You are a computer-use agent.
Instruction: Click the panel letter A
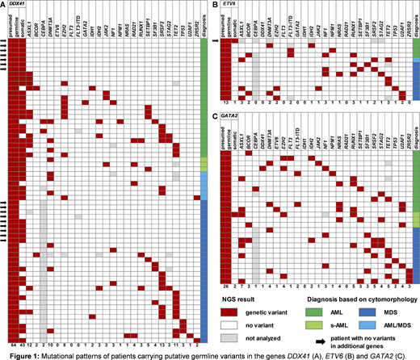tap(4, 5)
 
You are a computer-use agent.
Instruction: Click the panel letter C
tap(214, 115)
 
